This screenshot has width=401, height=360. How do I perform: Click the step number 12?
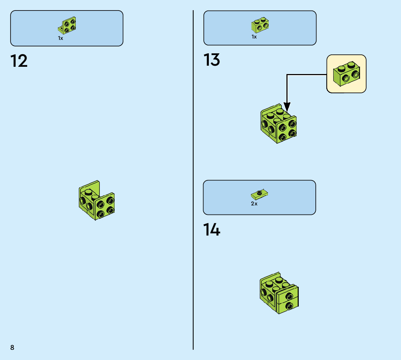(19, 61)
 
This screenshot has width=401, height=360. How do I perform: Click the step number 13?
(212, 60)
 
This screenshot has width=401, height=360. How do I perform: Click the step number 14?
(212, 230)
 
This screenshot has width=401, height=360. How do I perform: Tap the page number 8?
(12, 347)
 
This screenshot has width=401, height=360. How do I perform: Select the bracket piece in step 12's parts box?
(67, 25)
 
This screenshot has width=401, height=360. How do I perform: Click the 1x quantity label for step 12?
(61, 38)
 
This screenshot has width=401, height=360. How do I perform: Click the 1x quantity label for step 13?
(254, 37)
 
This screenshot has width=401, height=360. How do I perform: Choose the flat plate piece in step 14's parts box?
(259, 194)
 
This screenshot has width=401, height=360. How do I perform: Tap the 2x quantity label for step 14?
(254, 204)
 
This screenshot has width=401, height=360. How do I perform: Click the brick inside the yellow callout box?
(346, 74)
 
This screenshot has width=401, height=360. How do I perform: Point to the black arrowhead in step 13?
(287, 107)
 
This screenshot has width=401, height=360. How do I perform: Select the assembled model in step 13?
(278, 124)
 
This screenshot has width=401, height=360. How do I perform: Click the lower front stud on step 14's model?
(289, 306)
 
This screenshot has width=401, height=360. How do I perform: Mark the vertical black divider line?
(193, 181)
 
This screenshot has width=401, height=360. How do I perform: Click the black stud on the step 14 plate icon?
(259, 192)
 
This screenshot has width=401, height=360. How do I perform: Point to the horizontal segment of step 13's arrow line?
(306, 75)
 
